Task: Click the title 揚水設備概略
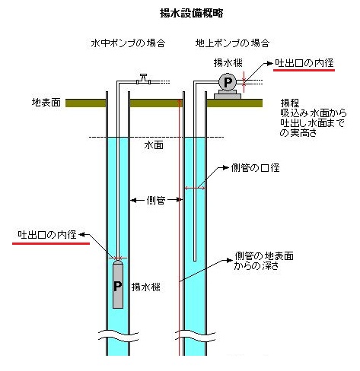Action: coord(192,13)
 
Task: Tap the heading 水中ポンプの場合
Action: coord(128,43)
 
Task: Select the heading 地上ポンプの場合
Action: coord(232,43)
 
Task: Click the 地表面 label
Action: coord(46,103)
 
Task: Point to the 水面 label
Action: coord(154,145)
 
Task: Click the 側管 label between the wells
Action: coord(156,200)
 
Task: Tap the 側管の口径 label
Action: coord(255,168)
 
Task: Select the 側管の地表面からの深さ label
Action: coord(263,261)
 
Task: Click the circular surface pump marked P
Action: coord(228,82)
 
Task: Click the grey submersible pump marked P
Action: coord(118,284)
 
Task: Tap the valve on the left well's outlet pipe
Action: coord(144,79)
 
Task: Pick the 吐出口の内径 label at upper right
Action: coord(304,63)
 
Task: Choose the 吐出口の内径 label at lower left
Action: coord(47,235)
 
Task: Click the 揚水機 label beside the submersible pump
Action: coord(146,287)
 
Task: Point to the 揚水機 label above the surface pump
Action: coord(228,63)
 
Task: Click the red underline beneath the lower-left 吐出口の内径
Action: coord(51,243)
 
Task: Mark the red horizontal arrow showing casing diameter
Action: coord(195,188)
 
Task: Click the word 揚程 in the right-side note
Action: coord(290,103)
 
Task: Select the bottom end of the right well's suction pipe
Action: coord(195,261)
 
